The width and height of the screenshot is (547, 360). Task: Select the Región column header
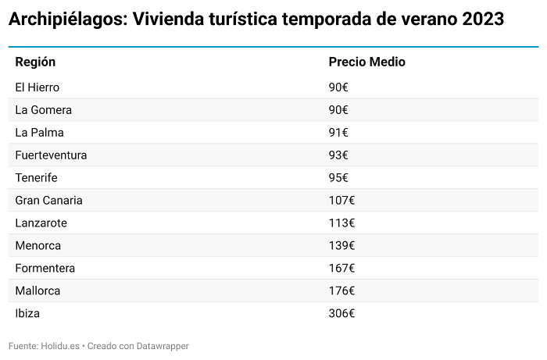(x=35, y=62)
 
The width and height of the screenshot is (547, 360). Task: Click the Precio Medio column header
(x=366, y=62)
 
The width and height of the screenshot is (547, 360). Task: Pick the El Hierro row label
(x=38, y=87)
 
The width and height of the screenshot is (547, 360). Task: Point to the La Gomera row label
(x=44, y=110)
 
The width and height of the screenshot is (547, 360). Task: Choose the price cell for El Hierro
(x=338, y=87)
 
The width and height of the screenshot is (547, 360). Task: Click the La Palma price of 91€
(x=338, y=133)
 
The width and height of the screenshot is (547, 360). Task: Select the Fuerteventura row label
(x=51, y=155)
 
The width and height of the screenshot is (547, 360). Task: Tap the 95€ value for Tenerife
(x=338, y=178)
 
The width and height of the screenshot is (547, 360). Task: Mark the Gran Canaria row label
(x=48, y=201)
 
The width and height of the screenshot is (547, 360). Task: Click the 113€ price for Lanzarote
(x=341, y=223)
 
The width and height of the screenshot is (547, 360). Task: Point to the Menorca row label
(x=38, y=246)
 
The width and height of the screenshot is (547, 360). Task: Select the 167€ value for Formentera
(x=341, y=269)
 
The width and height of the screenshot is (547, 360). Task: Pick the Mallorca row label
(x=38, y=291)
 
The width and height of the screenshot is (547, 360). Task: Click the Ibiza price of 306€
(x=341, y=314)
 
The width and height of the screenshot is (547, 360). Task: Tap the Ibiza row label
(x=27, y=314)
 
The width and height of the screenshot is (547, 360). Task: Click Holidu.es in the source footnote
(x=62, y=346)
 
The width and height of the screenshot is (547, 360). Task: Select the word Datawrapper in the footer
(x=163, y=346)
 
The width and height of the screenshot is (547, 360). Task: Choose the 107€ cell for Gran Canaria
(x=341, y=201)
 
